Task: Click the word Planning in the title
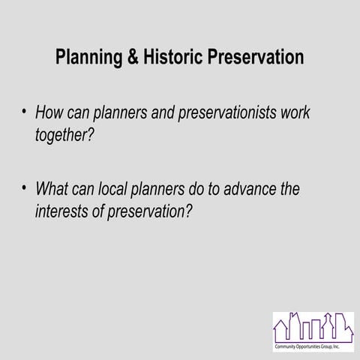[88, 58]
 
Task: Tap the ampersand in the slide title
[133, 58]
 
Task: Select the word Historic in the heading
[175, 58]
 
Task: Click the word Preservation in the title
[259, 58]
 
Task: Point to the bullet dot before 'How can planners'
[24, 112]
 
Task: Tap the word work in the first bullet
[292, 113]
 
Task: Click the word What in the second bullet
[52, 190]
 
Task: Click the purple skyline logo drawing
[313, 328]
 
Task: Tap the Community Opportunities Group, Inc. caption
[313, 349]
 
